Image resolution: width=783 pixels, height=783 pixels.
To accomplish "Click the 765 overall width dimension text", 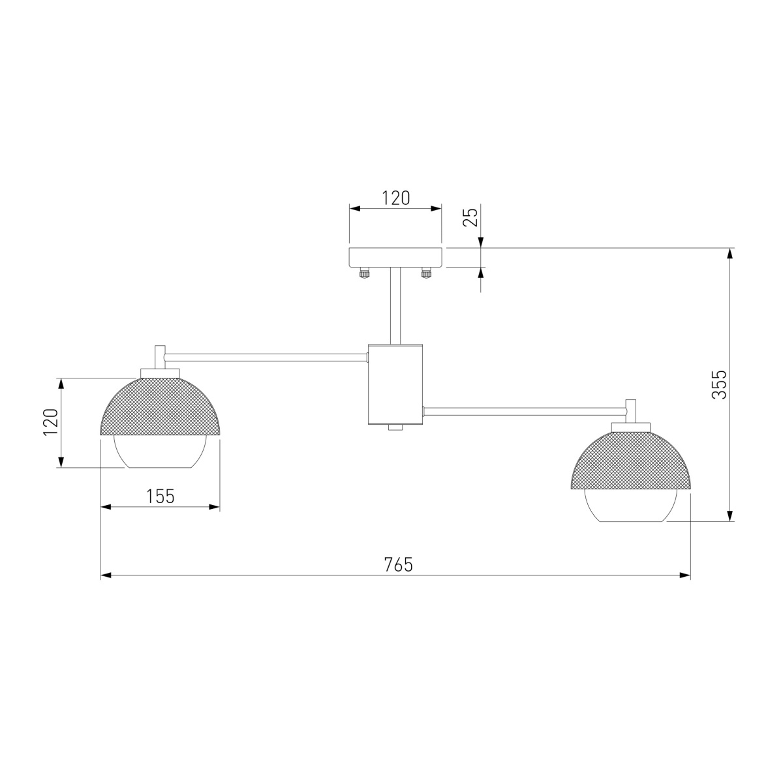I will point(398,564).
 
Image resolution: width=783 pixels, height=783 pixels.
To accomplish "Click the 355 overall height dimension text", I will point(718,384).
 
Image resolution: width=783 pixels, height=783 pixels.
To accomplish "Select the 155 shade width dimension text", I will point(160,496).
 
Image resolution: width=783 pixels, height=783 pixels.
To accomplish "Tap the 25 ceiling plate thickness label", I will point(471,215).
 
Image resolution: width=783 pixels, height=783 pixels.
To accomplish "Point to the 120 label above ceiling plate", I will point(395,198).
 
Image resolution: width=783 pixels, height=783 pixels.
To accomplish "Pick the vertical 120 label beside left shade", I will point(50,422).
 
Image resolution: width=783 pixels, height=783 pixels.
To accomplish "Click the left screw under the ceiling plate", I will point(363,273).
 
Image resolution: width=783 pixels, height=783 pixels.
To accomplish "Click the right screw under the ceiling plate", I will point(427,273).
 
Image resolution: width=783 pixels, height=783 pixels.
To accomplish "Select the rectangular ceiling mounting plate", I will point(395,257).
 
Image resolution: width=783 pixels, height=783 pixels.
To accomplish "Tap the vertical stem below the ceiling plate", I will point(395,305).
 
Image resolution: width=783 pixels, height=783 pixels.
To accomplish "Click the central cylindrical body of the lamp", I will point(395,383).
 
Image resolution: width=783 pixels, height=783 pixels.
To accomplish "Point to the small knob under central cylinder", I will point(395,427).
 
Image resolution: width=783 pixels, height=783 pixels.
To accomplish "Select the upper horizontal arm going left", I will point(264,356).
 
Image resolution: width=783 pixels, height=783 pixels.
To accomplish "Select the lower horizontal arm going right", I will point(525,410).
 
